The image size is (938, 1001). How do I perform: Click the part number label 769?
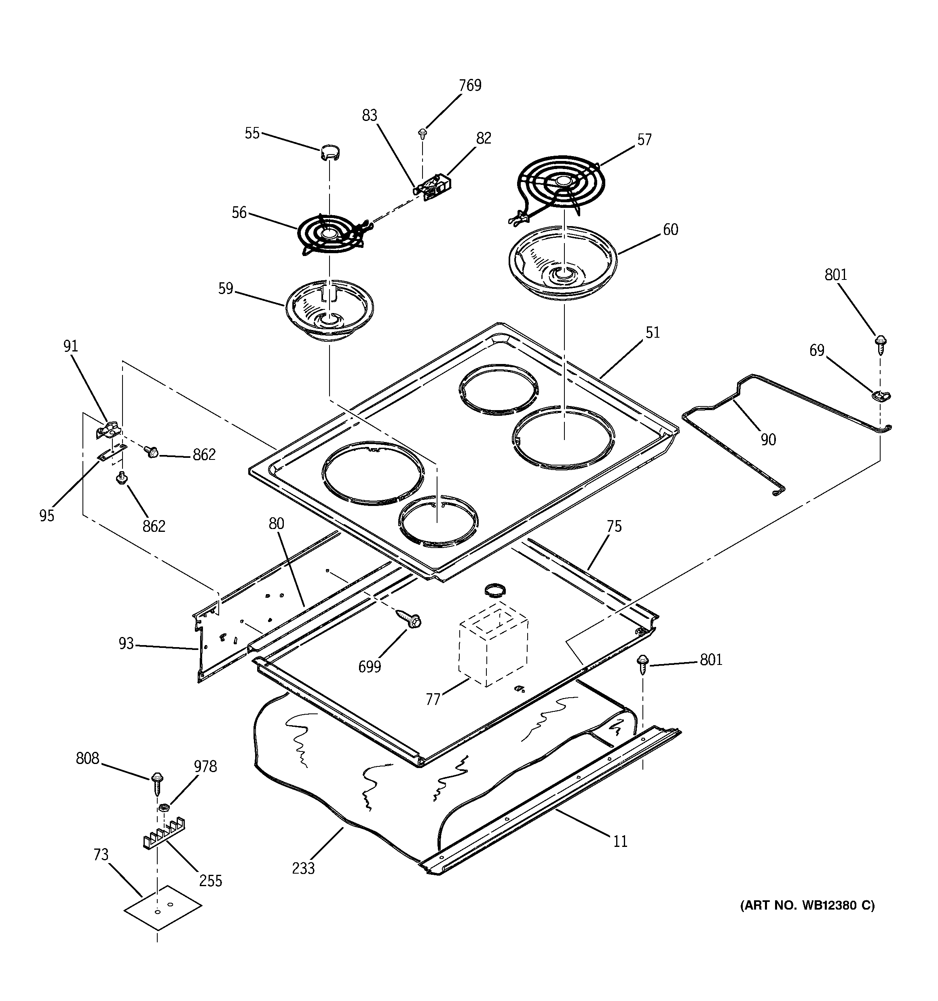[470, 86]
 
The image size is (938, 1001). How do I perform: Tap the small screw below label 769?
[423, 133]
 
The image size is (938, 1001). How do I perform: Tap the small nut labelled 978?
[163, 808]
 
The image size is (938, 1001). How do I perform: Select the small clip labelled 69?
[881, 395]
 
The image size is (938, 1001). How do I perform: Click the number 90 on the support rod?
[768, 440]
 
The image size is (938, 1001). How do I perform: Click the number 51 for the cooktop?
[653, 332]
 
